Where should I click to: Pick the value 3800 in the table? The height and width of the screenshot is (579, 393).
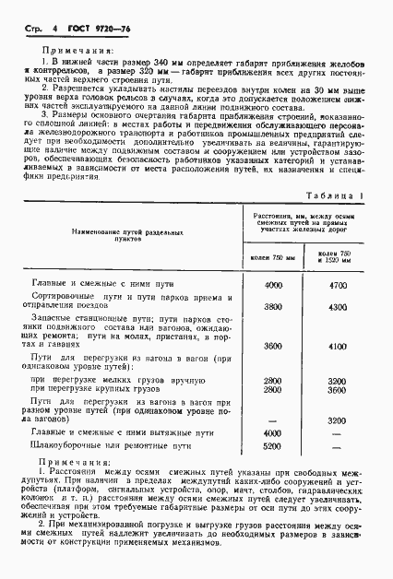tap(273, 306)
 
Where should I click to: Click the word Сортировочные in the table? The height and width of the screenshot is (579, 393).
tap(77, 301)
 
